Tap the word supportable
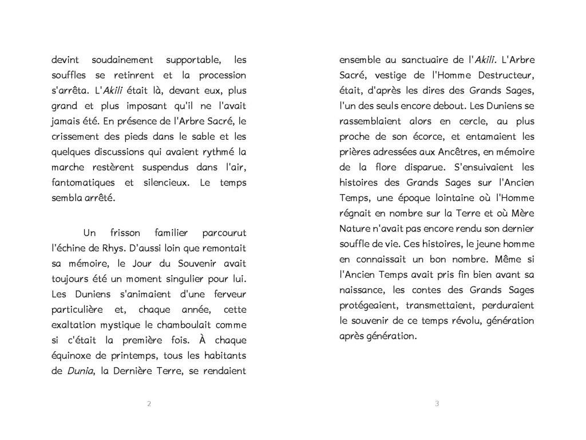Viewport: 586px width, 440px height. [x=193, y=60]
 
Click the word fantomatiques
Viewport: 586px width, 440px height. [x=82, y=183]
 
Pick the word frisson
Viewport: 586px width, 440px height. [x=125, y=233]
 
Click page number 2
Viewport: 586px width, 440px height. [x=149, y=403]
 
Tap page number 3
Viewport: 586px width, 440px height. [x=437, y=403]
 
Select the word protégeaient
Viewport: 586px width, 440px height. [x=369, y=306]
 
